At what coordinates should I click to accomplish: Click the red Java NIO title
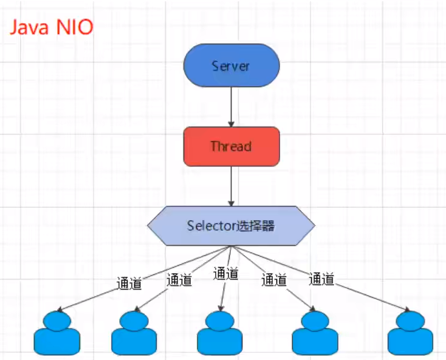(x=51, y=28)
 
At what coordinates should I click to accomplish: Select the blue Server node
(x=232, y=66)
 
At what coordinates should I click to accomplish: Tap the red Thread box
(x=232, y=146)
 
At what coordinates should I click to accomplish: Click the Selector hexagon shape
(x=232, y=226)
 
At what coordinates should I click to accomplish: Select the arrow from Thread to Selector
(x=232, y=185)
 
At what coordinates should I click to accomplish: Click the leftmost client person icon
(x=57, y=333)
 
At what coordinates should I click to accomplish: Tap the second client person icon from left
(x=134, y=333)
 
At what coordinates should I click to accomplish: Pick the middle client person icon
(x=220, y=333)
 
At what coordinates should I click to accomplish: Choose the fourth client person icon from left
(x=314, y=333)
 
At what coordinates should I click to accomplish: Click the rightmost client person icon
(x=410, y=333)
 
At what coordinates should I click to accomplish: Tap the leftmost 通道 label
(x=129, y=283)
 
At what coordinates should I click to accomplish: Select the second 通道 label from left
(x=179, y=280)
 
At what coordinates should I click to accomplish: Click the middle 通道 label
(x=225, y=274)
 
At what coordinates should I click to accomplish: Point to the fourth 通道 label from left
(x=274, y=280)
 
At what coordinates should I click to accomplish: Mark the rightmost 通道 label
(x=322, y=279)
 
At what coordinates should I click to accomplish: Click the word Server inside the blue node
(x=232, y=66)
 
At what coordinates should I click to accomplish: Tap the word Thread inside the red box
(x=232, y=147)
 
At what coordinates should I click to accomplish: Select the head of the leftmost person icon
(x=57, y=320)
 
